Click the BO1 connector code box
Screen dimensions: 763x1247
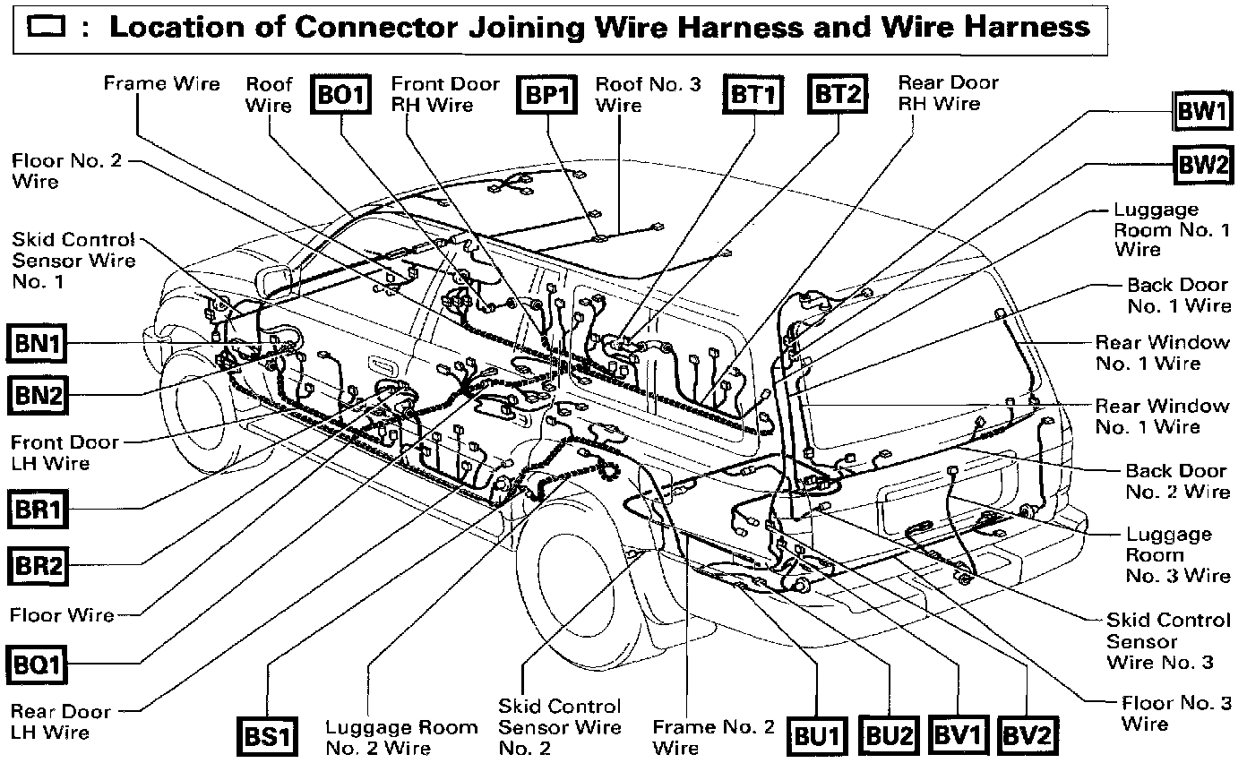click(341, 95)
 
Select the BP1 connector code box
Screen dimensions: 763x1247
click(545, 95)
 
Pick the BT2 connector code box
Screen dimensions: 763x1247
click(838, 94)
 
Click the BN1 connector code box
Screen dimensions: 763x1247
click(38, 343)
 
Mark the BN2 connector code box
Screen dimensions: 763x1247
click(38, 394)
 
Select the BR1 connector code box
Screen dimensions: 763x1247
click(39, 510)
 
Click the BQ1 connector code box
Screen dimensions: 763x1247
click(39, 664)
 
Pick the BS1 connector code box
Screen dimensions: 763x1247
click(267, 736)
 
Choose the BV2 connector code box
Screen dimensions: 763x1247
click(1026, 736)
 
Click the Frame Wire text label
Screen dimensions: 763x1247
click(161, 84)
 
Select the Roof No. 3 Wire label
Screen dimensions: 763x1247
click(648, 94)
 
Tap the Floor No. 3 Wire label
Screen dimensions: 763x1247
click(1175, 713)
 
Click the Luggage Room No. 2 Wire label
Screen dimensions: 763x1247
click(401, 737)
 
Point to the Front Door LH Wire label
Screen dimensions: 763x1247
click(64, 452)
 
